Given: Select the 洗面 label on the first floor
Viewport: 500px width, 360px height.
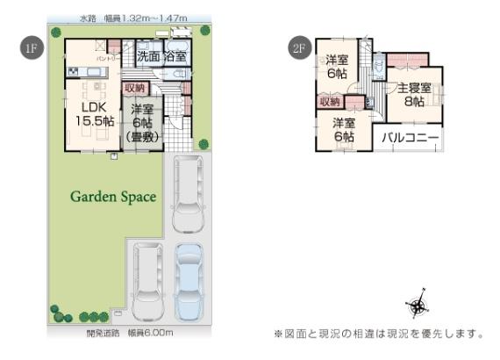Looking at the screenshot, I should point(148,56).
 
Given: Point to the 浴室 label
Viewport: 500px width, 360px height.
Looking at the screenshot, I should point(175,56).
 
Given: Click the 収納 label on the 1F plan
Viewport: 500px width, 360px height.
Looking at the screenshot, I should point(135,88).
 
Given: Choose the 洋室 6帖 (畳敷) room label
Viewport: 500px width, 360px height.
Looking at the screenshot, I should point(140,122).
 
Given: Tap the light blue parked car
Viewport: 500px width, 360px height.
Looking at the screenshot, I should point(189,280).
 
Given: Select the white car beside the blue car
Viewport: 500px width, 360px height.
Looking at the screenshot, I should point(146,279).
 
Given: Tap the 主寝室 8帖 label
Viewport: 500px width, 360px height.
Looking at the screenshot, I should point(414,94).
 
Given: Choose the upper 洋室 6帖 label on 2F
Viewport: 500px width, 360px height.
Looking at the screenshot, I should point(337,67).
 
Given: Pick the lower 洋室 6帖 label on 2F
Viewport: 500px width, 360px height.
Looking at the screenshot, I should point(343,130).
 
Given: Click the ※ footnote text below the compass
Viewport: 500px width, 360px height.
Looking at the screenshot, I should point(379,333).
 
